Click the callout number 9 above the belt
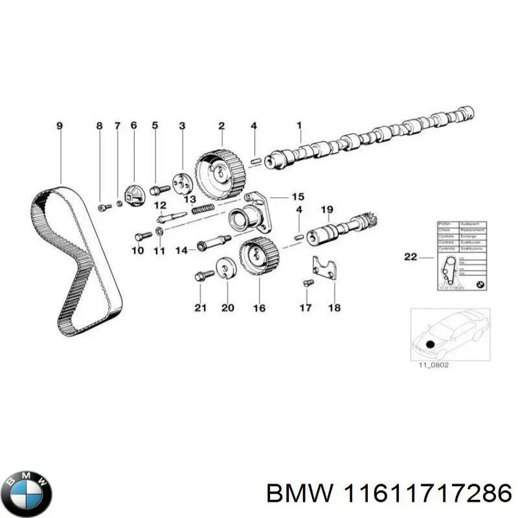60,126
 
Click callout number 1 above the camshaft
299,126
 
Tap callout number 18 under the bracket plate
334,308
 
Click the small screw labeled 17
308,283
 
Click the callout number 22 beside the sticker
411,256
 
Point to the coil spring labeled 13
204,209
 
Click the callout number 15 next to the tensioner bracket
297,196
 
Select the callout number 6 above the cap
133,126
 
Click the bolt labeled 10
142,235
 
